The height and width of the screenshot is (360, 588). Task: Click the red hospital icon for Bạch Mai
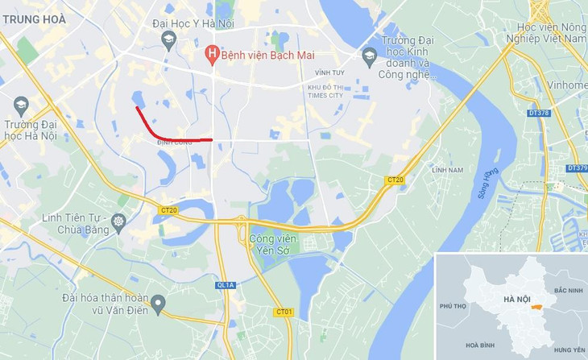pyautogui.click(x=212, y=55)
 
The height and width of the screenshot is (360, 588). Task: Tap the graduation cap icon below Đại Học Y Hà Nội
pyautogui.click(x=169, y=39)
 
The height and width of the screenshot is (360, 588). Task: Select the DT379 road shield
pyautogui.click(x=577, y=168)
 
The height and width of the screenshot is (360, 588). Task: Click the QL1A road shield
pyautogui.click(x=226, y=285)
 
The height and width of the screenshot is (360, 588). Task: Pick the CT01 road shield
pyautogui.click(x=284, y=312)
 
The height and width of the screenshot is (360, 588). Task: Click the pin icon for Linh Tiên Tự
pyautogui.click(x=118, y=221)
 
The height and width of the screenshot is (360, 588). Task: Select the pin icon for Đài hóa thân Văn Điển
pyautogui.click(x=158, y=304)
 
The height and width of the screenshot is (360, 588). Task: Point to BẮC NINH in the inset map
pyautogui.click(x=568, y=289)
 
